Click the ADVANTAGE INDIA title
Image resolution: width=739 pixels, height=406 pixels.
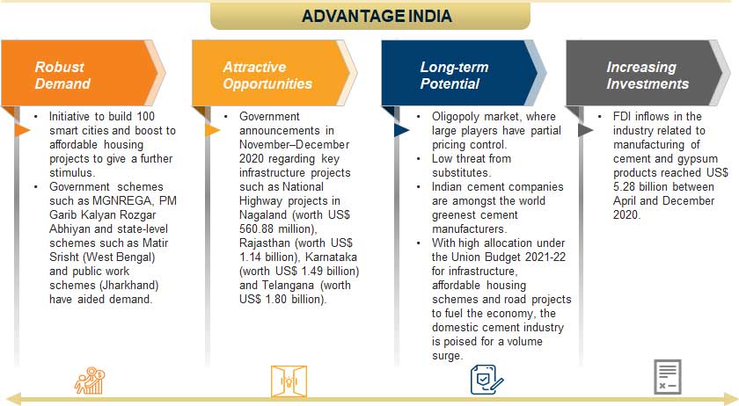click(x=377, y=16)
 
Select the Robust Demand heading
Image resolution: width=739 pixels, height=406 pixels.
click(x=62, y=76)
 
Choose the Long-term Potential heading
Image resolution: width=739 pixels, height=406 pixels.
click(x=454, y=76)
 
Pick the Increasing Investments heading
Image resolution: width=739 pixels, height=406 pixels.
click(x=647, y=76)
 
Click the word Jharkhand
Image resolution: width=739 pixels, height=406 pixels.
click(x=117, y=286)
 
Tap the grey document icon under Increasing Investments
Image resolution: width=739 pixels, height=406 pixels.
click(x=666, y=376)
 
